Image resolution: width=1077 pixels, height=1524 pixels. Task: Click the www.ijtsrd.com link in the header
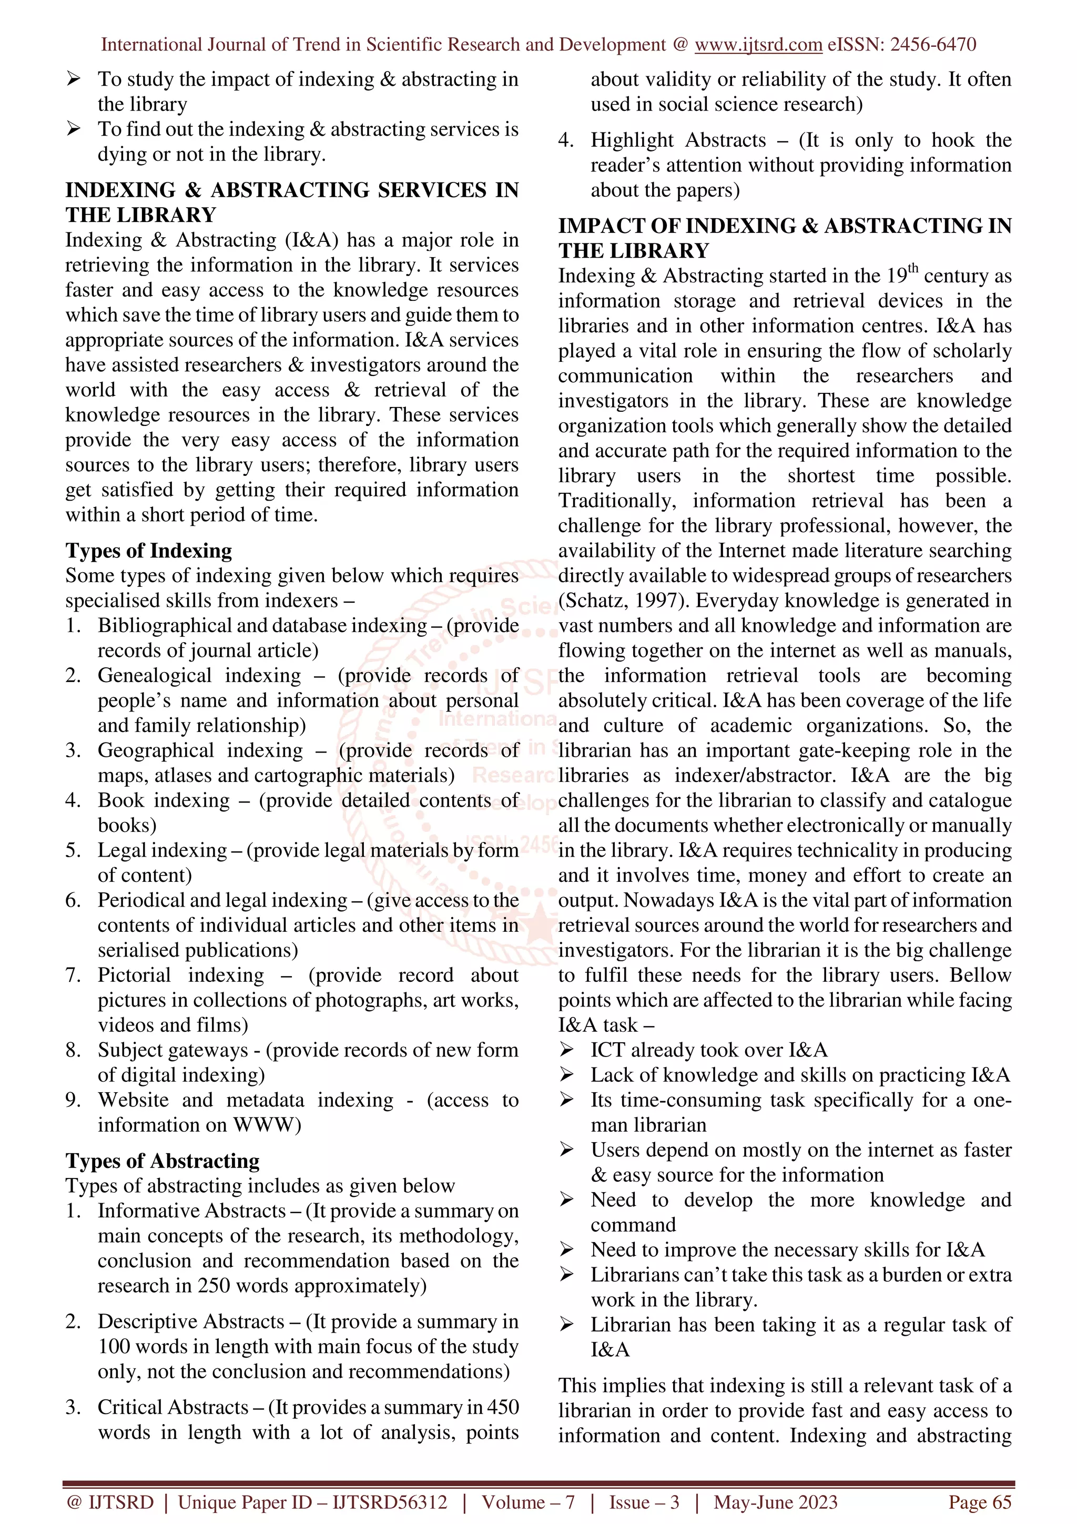tap(758, 45)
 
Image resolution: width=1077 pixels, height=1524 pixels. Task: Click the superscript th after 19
tap(912, 269)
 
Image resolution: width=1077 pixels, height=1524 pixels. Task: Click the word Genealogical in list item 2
tap(154, 676)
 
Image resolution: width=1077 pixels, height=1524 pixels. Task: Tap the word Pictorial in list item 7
tap(134, 975)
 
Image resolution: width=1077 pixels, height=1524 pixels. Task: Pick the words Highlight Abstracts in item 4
tap(677, 140)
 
